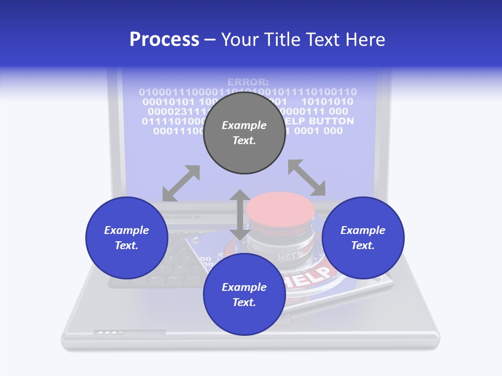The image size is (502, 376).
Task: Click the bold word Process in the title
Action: click(164, 39)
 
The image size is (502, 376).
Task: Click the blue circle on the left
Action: click(127, 238)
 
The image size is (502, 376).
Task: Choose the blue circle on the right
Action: click(363, 238)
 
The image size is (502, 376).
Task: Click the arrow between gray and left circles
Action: click(181, 183)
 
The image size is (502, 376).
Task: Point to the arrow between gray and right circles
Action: click(306, 178)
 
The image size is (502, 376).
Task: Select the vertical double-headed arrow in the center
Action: click(240, 215)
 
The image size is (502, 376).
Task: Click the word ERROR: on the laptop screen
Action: click(248, 82)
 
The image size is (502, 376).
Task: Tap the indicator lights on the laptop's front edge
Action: click(109, 332)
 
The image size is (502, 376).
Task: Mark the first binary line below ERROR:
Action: click(248, 92)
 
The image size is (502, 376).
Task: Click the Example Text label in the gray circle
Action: click(244, 133)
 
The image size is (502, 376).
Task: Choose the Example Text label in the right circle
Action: click(363, 238)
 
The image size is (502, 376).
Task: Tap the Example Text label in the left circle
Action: click(127, 238)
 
